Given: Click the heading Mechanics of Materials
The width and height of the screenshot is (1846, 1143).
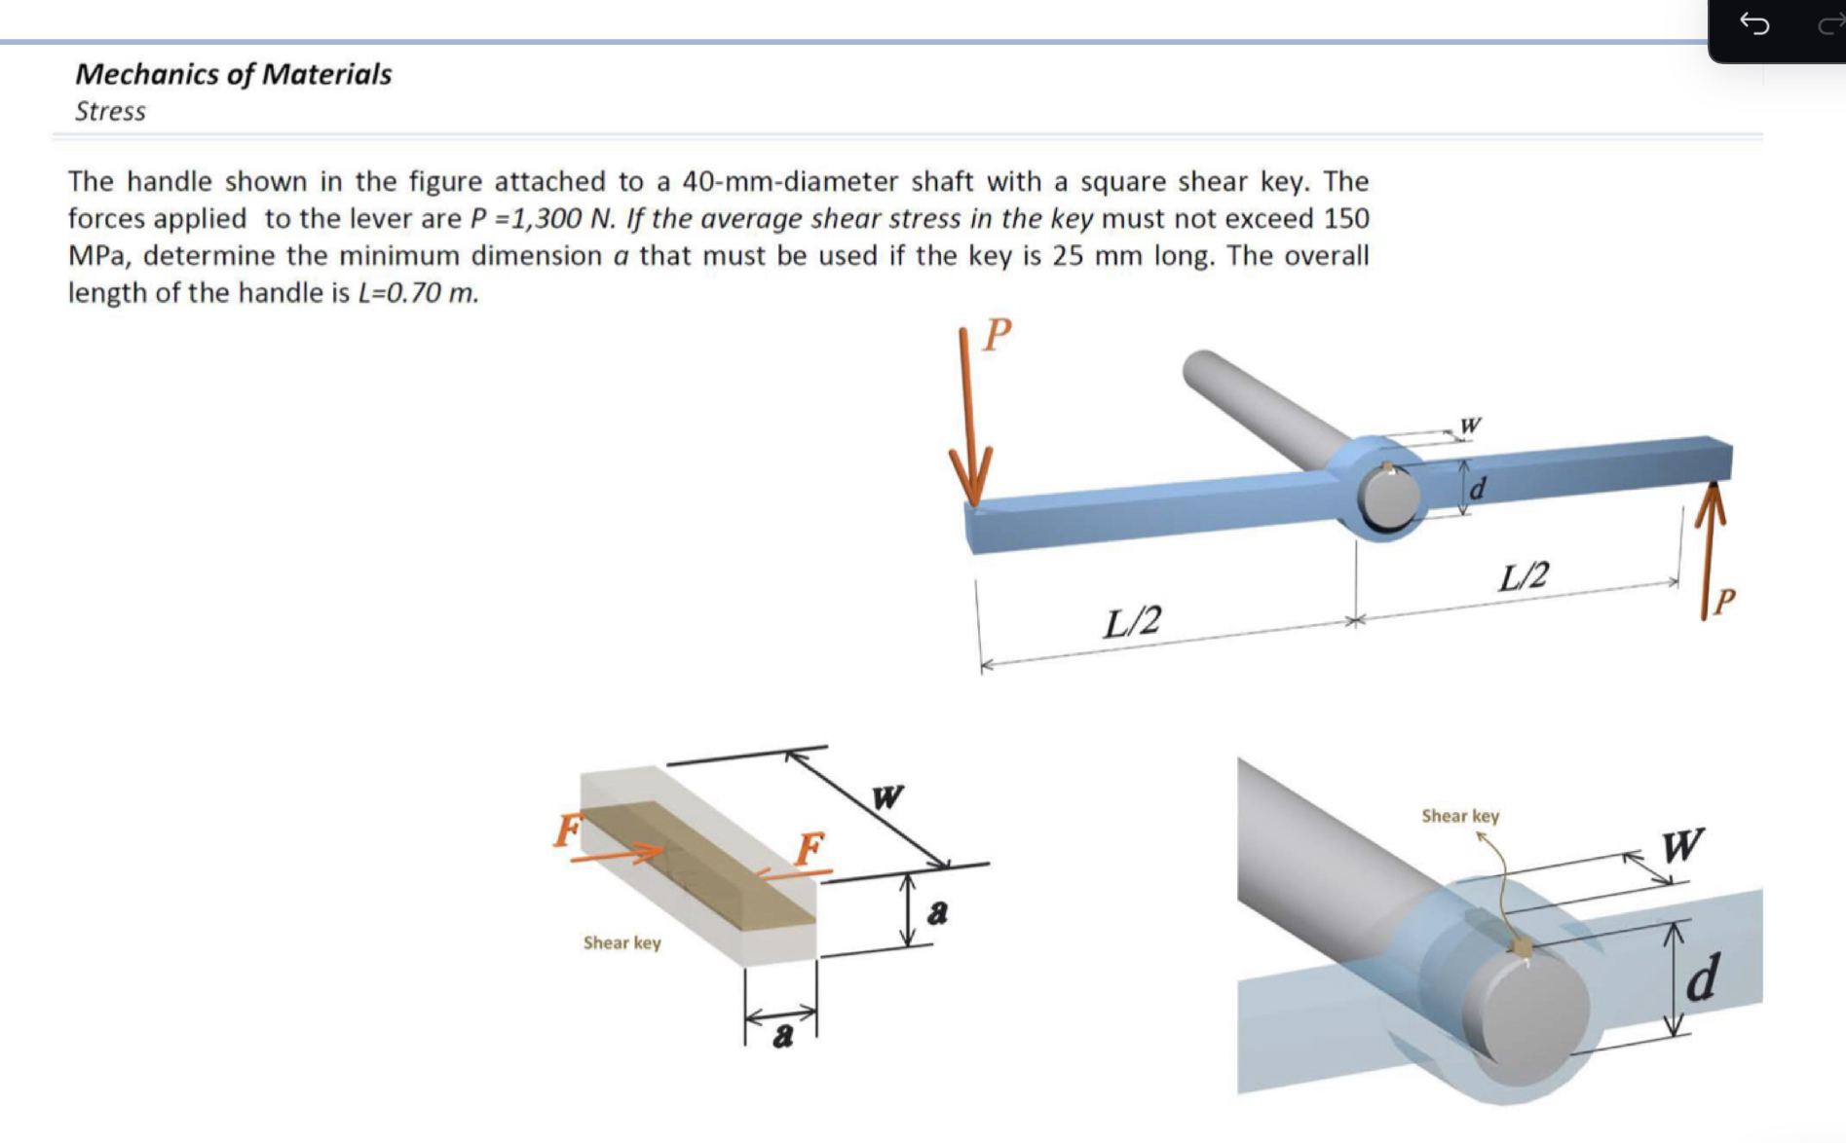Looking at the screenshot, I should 233,74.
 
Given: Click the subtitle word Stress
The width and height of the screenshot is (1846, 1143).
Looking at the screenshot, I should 110,111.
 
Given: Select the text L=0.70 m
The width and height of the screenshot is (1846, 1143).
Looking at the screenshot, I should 419,293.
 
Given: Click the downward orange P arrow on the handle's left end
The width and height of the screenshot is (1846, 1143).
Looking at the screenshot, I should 968,428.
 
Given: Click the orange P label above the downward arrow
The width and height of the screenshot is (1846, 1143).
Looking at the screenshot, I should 997,334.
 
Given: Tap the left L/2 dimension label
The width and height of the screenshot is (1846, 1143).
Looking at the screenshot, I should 1132,620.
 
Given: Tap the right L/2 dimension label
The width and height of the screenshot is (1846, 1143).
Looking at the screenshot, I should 1524,576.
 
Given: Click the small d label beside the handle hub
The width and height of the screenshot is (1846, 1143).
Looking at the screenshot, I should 1477,489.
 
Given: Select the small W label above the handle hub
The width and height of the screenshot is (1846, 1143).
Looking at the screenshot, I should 1470,425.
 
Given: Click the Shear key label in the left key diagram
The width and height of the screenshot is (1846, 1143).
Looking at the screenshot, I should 622,942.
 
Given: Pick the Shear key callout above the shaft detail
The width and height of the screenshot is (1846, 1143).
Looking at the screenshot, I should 1460,816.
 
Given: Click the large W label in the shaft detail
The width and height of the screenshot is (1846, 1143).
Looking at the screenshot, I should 1682,845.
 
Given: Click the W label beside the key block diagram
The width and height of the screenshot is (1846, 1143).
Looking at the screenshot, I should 887,797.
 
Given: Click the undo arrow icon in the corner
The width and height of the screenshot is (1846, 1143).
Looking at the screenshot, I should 1754,23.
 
